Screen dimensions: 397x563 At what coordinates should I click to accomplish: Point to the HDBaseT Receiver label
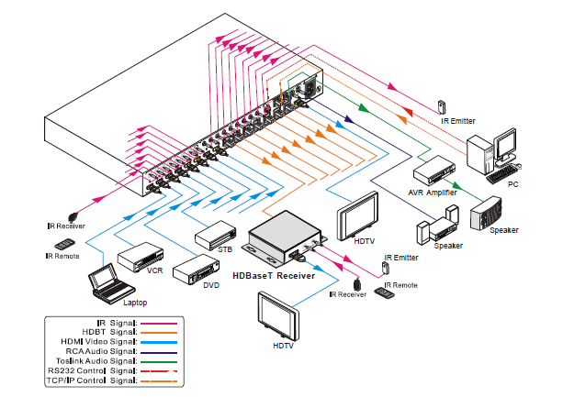274,275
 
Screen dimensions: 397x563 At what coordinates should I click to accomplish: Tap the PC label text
512,186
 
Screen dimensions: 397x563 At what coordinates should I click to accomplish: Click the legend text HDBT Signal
108,333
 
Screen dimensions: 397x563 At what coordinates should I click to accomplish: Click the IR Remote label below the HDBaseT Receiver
400,286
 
